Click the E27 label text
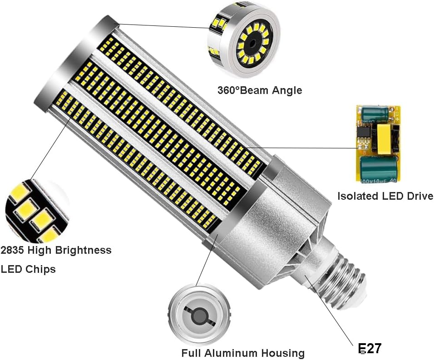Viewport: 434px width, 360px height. tap(370, 348)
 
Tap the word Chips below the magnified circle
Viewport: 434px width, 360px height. tap(40, 269)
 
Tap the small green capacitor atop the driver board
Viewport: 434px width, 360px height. tap(375, 114)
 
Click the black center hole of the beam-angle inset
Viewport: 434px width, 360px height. tap(250, 45)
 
